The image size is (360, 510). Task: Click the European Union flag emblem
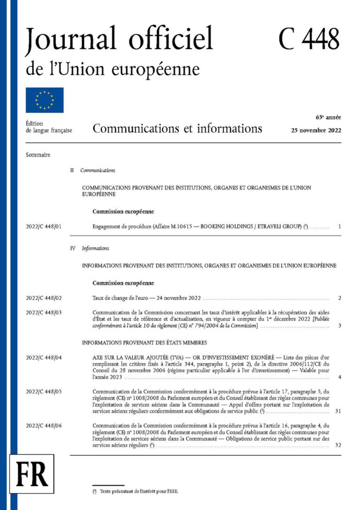tap(45, 100)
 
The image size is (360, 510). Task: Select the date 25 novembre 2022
tap(316, 130)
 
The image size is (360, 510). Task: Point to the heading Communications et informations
tap(177, 128)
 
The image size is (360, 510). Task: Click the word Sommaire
tap(38, 155)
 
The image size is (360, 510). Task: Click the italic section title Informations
tap(95, 248)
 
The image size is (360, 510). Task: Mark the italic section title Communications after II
tap(98, 170)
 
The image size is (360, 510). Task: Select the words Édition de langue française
tap(49, 127)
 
